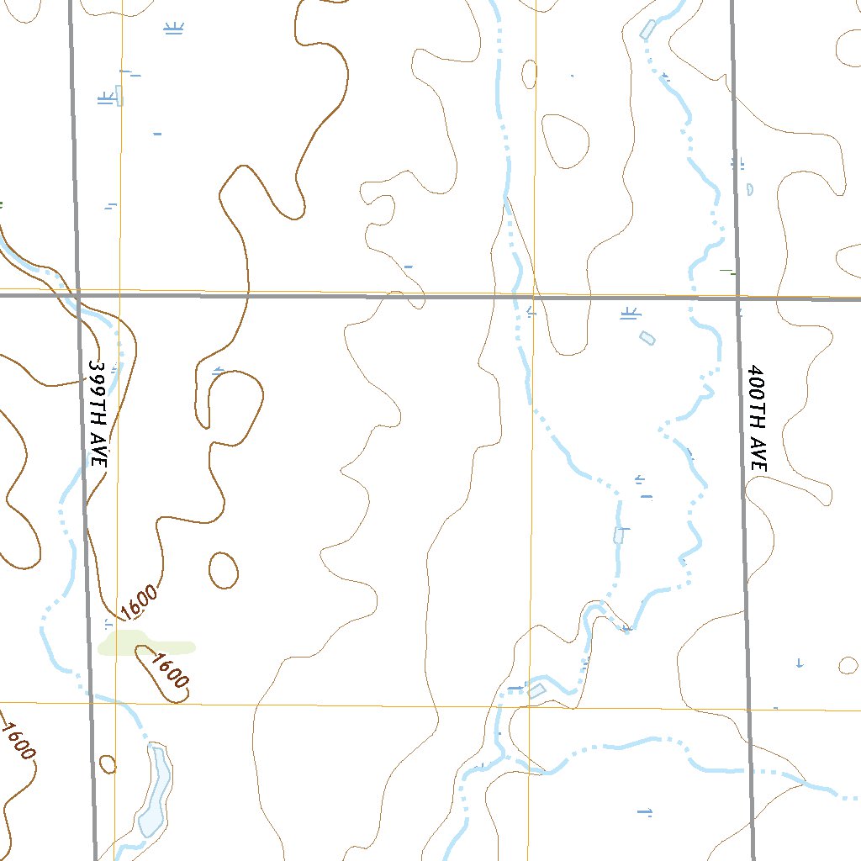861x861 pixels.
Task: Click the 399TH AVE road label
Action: [98, 414]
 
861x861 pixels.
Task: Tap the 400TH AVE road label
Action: [757, 417]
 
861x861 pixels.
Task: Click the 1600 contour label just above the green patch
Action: [138, 600]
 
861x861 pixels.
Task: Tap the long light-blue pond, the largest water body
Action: [155, 790]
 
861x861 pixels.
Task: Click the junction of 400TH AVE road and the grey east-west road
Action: [737, 298]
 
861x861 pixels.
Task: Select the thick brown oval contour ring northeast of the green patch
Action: [223, 571]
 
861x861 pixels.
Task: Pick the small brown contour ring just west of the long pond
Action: [108, 763]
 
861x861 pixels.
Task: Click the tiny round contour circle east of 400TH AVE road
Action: [848, 665]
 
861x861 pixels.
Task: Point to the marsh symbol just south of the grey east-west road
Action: [630, 314]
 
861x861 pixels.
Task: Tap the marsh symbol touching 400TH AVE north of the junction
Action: [738, 163]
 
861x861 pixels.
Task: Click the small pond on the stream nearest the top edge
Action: [647, 29]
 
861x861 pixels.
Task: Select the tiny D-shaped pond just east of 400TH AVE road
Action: [749, 189]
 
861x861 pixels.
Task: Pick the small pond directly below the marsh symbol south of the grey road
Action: [647, 337]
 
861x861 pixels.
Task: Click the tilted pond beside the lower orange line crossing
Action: [536, 689]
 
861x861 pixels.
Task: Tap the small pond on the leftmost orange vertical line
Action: [119, 95]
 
